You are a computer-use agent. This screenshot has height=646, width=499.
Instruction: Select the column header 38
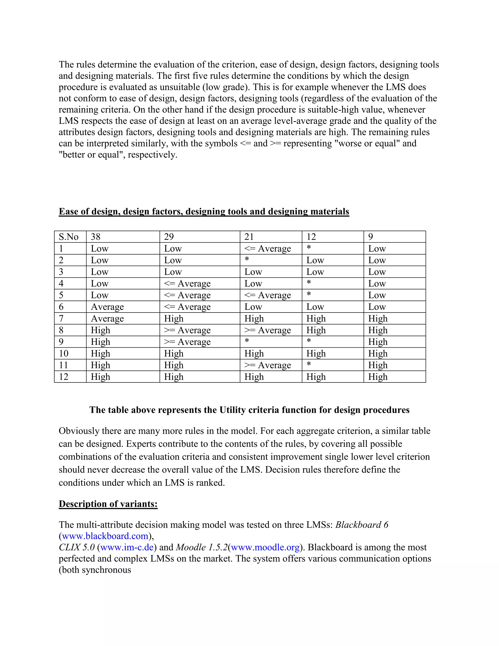[x=96, y=237]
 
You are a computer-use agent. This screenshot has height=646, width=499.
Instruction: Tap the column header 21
[x=249, y=237]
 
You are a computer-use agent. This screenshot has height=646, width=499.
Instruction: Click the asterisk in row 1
[x=309, y=248]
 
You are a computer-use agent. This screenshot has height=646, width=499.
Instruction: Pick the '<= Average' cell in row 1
[x=268, y=249]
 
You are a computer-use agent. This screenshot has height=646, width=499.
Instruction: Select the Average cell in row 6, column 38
[x=107, y=307]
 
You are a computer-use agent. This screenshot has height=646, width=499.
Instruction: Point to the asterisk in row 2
[x=247, y=260]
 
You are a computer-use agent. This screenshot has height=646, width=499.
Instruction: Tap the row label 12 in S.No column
[x=64, y=377]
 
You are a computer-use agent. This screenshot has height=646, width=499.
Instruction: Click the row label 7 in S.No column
[x=61, y=319]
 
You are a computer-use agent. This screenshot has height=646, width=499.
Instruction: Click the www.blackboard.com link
[x=105, y=536]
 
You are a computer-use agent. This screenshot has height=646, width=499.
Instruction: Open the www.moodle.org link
[x=265, y=547]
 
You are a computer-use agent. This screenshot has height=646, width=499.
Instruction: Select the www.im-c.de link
[x=127, y=547]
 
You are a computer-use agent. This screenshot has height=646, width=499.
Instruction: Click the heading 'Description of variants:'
[x=108, y=504]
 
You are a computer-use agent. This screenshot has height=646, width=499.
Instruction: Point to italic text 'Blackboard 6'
[x=362, y=525]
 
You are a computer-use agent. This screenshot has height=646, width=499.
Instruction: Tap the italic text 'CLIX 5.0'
[x=77, y=547]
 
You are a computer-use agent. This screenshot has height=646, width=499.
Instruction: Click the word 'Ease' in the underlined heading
[x=68, y=212]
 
